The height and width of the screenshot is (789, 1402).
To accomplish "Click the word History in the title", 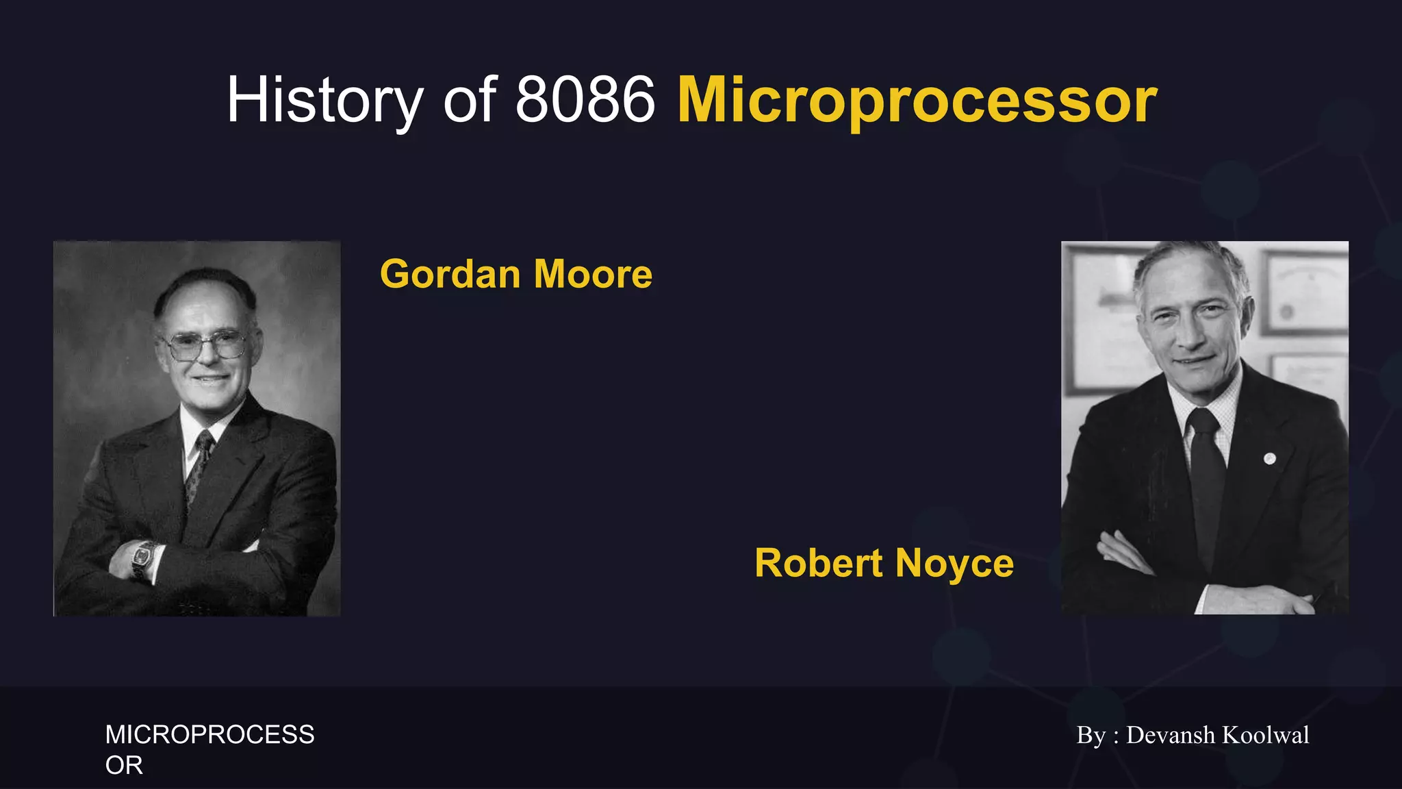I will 324,101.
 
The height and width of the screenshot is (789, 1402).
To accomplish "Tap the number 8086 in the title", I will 585,101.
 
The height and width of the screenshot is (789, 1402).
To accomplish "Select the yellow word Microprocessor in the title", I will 917,101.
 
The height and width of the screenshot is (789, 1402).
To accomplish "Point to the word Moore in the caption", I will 593,275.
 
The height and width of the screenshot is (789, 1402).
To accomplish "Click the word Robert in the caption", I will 818,564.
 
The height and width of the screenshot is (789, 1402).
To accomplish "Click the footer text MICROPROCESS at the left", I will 209,735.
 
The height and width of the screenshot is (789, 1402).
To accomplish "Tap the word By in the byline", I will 1091,735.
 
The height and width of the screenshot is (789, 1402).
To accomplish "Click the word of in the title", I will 469,101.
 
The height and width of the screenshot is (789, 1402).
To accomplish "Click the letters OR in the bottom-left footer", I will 124,765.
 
